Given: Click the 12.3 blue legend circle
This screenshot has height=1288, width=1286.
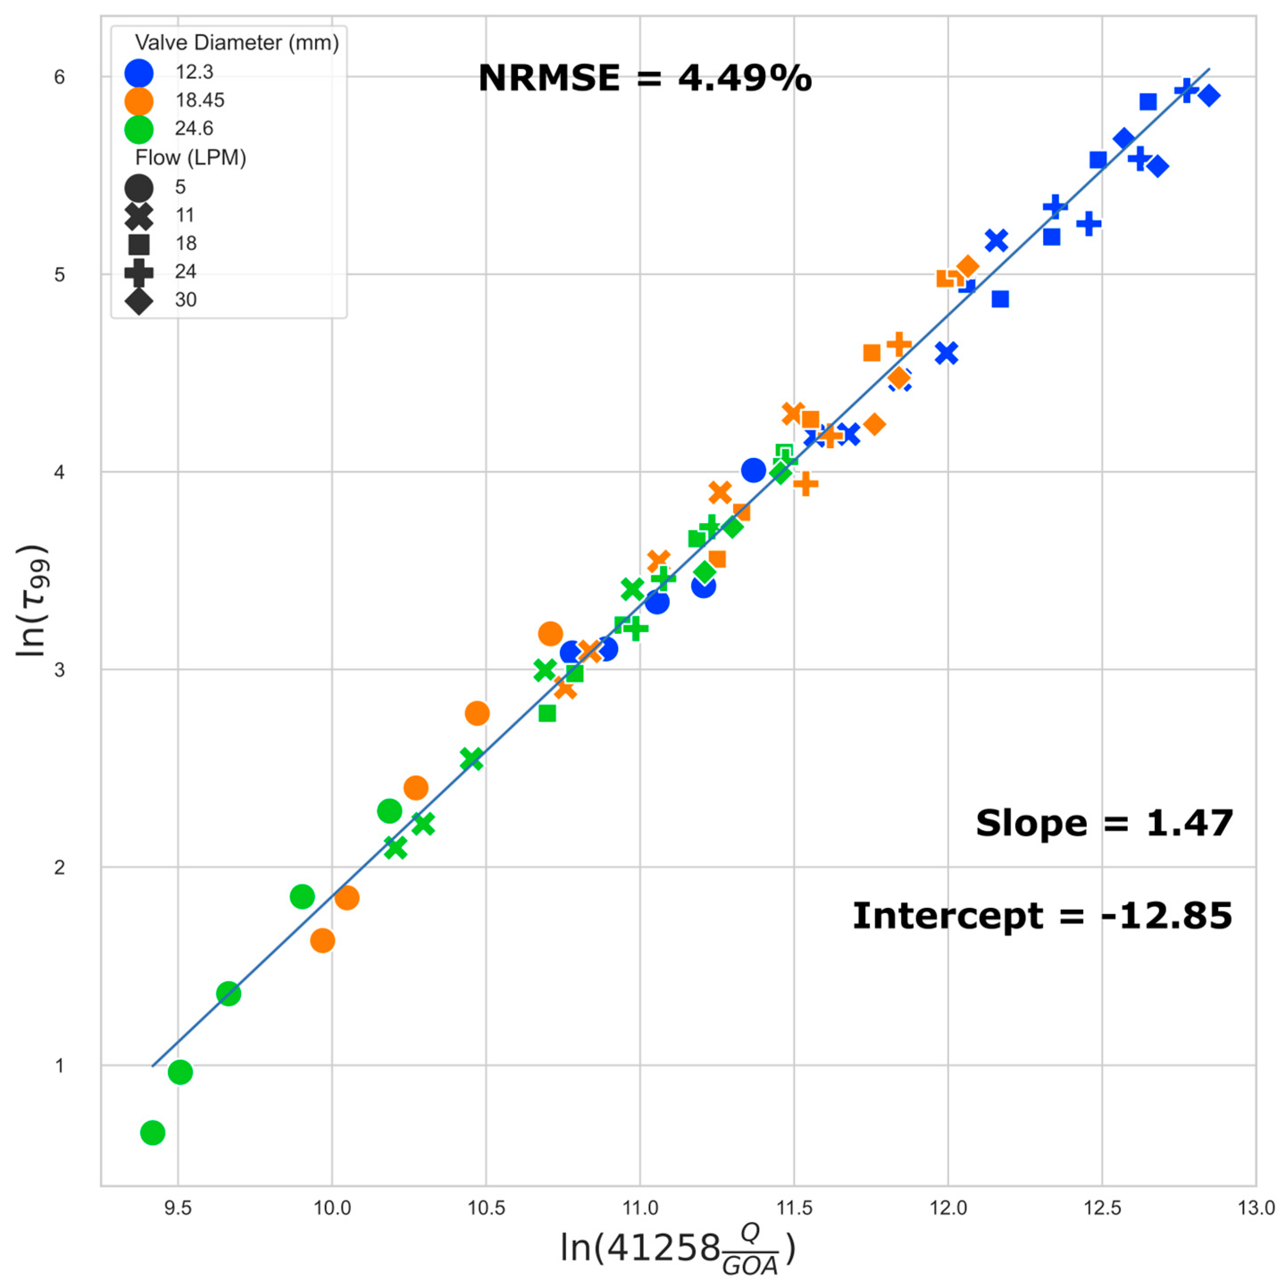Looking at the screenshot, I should (x=139, y=73).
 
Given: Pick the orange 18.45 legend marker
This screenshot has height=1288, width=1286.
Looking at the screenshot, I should (x=139, y=100).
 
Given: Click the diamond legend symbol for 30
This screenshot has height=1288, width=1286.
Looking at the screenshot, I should (x=139, y=300).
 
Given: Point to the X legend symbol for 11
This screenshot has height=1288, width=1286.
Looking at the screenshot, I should (x=139, y=215).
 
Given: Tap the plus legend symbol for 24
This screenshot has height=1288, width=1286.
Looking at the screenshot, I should (x=139, y=272).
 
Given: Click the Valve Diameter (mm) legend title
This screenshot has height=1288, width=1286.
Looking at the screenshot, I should (x=237, y=43).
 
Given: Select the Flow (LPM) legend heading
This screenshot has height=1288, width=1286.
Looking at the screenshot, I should (x=191, y=158).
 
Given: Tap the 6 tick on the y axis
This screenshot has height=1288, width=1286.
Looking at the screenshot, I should (x=60, y=77).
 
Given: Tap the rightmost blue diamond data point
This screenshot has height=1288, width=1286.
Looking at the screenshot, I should (x=1209, y=96).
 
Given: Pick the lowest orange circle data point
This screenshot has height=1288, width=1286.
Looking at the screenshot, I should (x=323, y=941).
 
